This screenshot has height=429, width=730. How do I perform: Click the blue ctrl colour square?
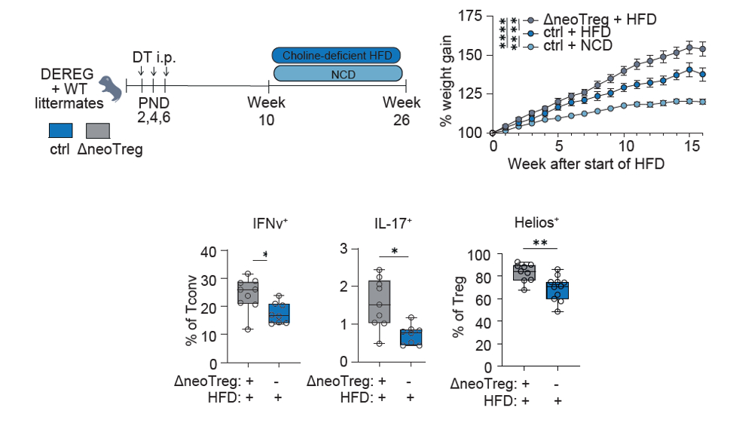click(x=60, y=130)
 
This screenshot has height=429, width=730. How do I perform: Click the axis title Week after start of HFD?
click(x=585, y=163)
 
